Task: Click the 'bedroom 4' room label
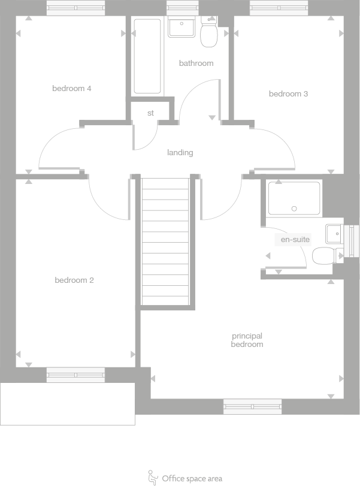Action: pyautogui.click(x=71, y=89)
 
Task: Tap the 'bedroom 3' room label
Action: pyautogui.click(x=288, y=94)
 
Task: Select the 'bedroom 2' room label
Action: pyautogui.click(x=74, y=280)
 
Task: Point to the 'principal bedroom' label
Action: pyautogui.click(x=247, y=340)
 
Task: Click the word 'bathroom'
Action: pyautogui.click(x=196, y=64)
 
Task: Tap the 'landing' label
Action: pyautogui.click(x=180, y=153)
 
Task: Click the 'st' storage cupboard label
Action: pyautogui.click(x=150, y=113)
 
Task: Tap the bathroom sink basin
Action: pyautogui.click(x=181, y=28)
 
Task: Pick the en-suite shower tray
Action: pyautogui.click(x=294, y=198)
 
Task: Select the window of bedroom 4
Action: pyautogui.click(x=75, y=8)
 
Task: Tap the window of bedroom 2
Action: pyautogui.click(x=75, y=376)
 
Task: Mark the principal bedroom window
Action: pyautogui.click(x=252, y=407)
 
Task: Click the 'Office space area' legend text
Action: pyautogui.click(x=192, y=478)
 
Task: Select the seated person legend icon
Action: pyautogui.click(x=153, y=477)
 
